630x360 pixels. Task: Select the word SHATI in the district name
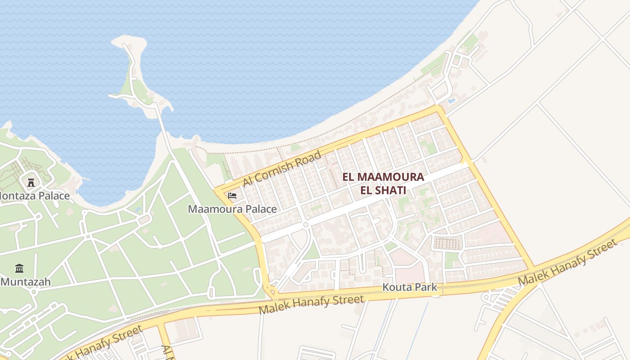tap(392, 190)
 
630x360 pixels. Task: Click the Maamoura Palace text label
tap(232, 209)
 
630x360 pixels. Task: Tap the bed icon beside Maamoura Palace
tap(232, 196)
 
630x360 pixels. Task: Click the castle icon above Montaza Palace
tap(31, 182)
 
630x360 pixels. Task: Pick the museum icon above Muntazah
tap(19, 269)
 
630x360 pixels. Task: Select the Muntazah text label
tap(26, 282)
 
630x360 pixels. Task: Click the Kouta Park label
tap(409, 287)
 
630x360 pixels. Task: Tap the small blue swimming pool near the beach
tap(451, 100)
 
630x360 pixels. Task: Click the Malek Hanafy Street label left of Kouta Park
tap(311, 305)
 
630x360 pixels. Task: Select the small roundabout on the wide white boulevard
tap(306, 224)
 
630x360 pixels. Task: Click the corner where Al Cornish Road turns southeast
tap(438, 108)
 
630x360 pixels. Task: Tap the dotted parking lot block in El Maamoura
tap(447, 243)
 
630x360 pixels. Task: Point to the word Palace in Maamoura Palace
tap(261, 209)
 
